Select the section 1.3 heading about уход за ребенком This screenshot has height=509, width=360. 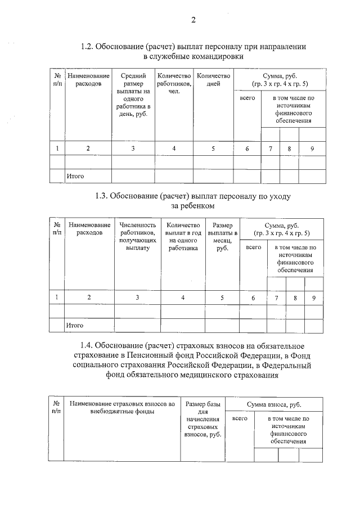(x=193, y=201)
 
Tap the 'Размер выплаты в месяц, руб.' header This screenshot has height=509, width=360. (x=222, y=236)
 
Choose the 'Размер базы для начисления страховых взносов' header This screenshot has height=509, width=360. (x=204, y=420)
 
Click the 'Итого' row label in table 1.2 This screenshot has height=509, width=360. (x=75, y=177)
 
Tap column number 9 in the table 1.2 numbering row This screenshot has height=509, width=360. (x=312, y=148)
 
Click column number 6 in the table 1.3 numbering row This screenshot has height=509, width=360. (x=253, y=298)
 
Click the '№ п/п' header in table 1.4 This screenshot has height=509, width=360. (x=57, y=408)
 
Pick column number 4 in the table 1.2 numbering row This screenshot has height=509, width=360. (x=174, y=148)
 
